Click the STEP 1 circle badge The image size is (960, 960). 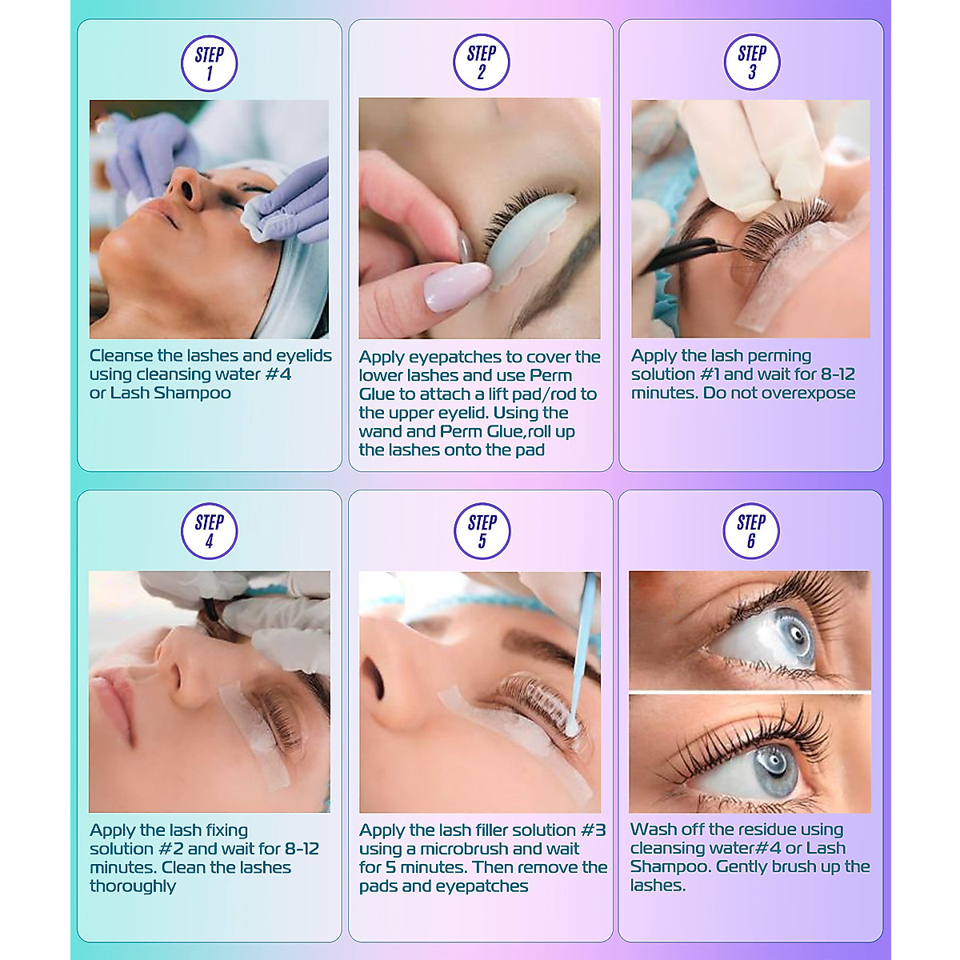[x=209, y=63]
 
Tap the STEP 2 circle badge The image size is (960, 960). [x=481, y=62]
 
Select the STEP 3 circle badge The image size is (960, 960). [x=751, y=62]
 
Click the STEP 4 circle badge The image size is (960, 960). [x=209, y=531]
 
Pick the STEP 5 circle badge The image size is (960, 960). [x=482, y=531]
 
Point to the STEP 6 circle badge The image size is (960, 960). [x=751, y=531]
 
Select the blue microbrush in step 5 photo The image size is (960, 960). [x=584, y=656]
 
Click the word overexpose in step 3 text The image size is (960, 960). [x=808, y=393]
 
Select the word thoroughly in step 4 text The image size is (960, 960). [x=133, y=886]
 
